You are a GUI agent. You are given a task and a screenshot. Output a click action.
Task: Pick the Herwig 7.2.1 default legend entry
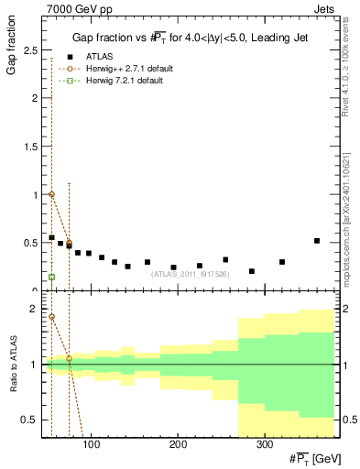124,82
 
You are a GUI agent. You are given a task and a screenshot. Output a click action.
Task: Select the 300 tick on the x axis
263,445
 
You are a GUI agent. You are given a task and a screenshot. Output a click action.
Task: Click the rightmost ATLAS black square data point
317,241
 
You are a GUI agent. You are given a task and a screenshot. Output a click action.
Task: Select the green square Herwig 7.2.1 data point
51,277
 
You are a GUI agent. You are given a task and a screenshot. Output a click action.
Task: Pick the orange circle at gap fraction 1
51,194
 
